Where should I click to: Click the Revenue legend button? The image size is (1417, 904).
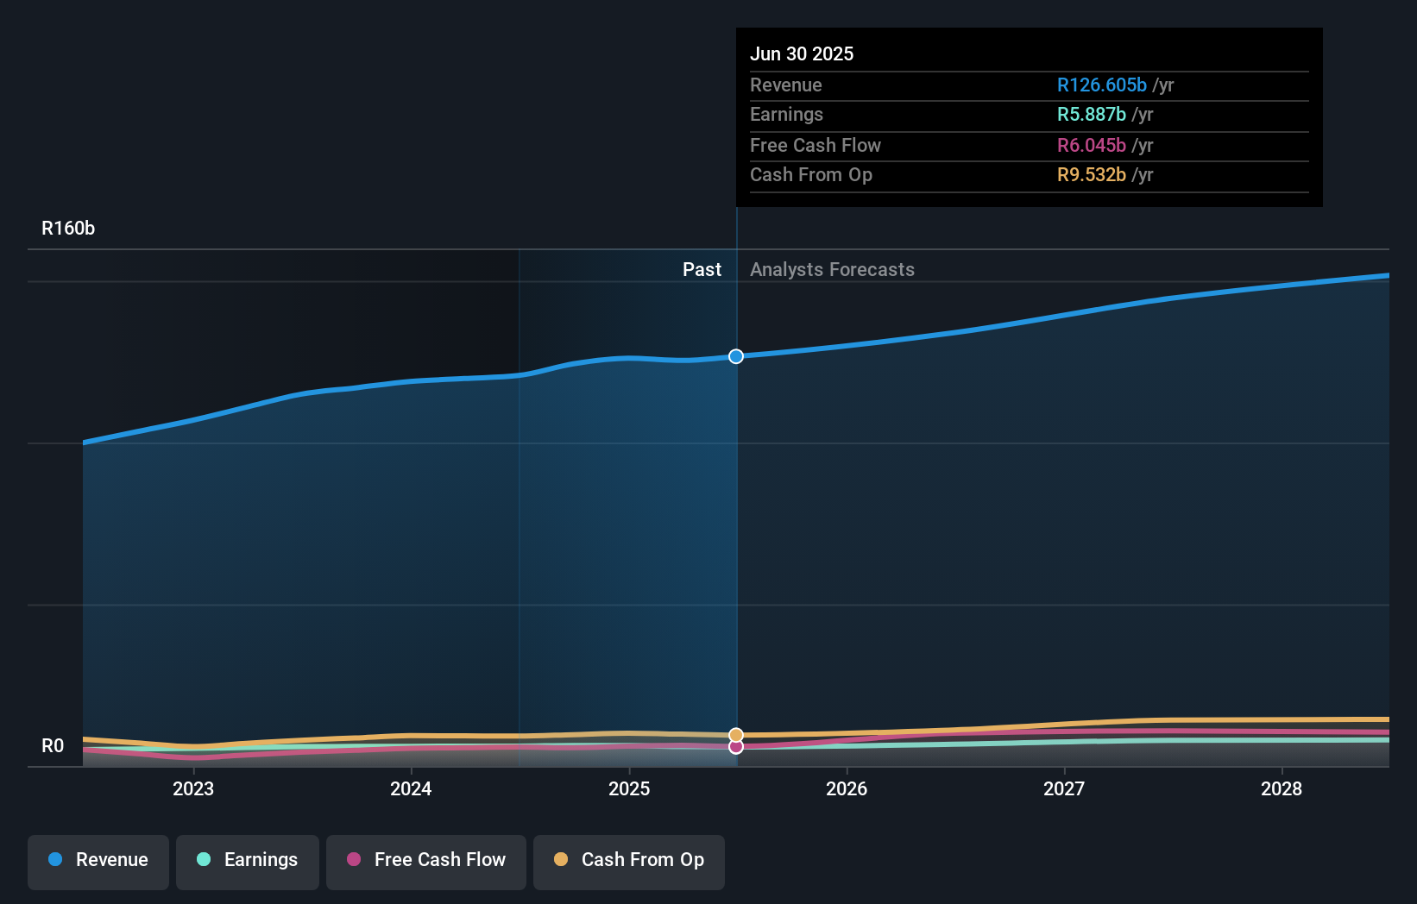[x=98, y=861]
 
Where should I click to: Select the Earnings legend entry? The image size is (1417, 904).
[x=248, y=861]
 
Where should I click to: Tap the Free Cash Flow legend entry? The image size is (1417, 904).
[x=426, y=861]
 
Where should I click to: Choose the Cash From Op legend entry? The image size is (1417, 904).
[x=629, y=861]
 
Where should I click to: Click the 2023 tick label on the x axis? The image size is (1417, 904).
[x=193, y=789]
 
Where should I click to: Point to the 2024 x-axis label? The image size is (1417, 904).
[x=411, y=789]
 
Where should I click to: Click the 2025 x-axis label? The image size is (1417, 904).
[x=629, y=789]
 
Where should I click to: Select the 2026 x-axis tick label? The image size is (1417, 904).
[x=847, y=789]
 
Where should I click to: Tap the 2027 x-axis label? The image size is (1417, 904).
[x=1064, y=789]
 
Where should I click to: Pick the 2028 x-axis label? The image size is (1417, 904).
[x=1282, y=789]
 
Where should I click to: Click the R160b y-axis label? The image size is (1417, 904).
[x=68, y=229]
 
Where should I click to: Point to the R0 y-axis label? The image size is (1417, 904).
[x=53, y=746]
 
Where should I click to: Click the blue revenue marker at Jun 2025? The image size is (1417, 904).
[x=736, y=356]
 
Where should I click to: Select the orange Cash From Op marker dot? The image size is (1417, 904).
[x=736, y=735]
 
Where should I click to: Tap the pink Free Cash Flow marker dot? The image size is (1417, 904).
[x=736, y=747]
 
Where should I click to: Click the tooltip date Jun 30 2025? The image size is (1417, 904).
[x=802, y=54]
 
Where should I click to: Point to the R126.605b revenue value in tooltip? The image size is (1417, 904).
[x=1102, y=85]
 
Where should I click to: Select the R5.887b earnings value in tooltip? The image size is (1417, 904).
[x=1092, y=115]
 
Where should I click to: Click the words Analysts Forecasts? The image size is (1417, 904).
[x=832, y=270]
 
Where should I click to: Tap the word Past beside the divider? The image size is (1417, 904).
[x=702, y=270]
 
